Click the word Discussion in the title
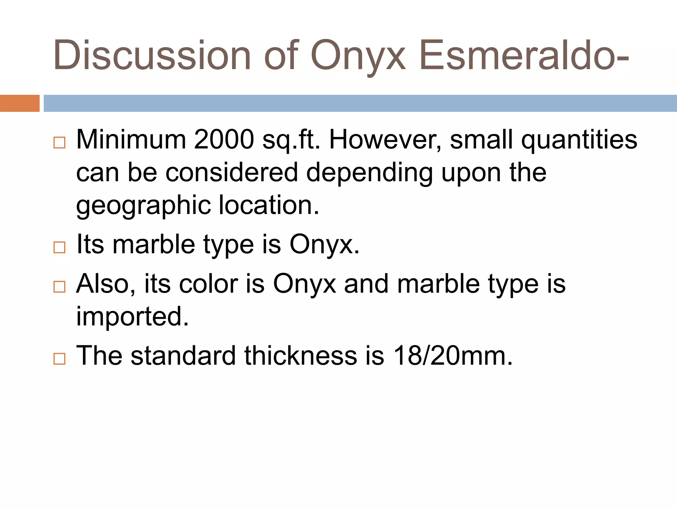click(x=152, y=56)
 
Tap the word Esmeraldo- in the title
click(x=524, y=56)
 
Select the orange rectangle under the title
click(x=20, y=103)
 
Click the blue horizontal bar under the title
click(x=360, y=103)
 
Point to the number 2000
click(x=224, y=140)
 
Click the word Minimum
click(x=131, y=140)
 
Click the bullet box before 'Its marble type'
click(x=60, y=247)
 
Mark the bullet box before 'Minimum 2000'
click(x=60, y=143)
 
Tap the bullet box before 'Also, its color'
click(x=60, y=286)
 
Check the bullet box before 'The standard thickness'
click(x=60, y=359)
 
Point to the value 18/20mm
click(x=453, y=356)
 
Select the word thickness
click(x=301, y=356)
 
